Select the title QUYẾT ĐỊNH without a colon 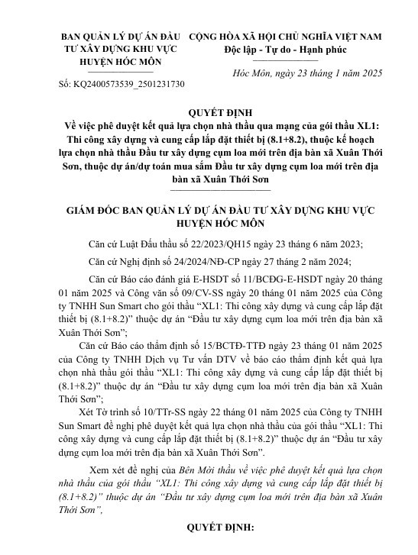[x=209, y=110]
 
